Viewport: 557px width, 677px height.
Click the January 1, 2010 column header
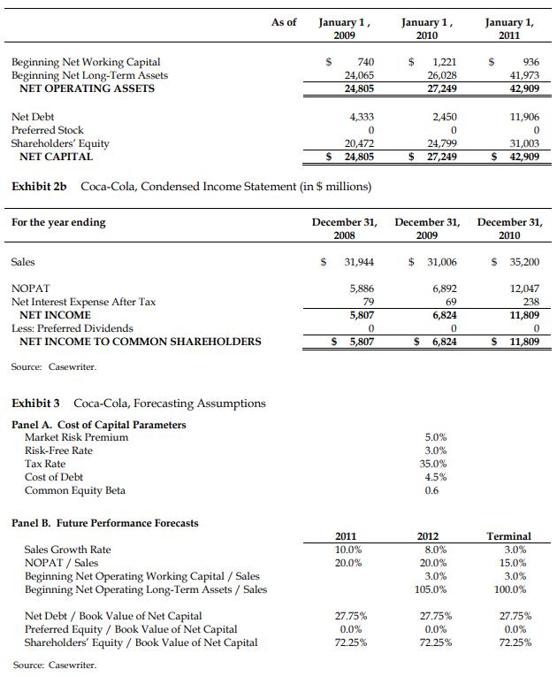(426, 28)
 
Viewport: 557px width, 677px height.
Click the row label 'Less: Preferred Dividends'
(72, 328)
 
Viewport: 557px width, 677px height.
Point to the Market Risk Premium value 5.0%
(436, 437)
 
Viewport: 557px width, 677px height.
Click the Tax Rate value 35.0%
(436, 464)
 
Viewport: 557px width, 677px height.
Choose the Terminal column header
(509, 536)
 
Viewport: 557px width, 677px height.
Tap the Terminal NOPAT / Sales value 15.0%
(509, 563)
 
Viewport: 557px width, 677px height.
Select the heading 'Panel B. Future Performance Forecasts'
(105, 523)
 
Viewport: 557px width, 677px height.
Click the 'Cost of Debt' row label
(54, 477)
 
